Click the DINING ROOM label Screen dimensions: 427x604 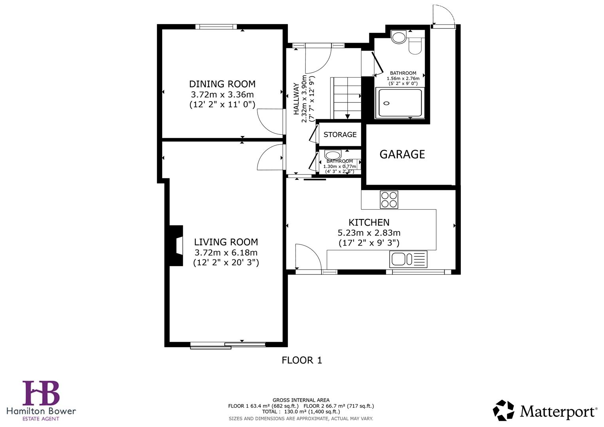(x=222, y=84)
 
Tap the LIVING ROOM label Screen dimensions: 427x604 (x=225, y=242)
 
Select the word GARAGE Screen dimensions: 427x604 (x=402, y=154)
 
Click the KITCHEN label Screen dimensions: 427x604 (x=369, y=223)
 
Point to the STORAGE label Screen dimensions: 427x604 (x=340, y=134)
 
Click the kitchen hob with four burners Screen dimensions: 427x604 (x=389, y=200)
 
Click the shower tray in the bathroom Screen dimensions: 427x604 (x=400, y=103)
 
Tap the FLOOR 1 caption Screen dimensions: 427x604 (x=302, y=360)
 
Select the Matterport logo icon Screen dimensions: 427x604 (x=504, y=410)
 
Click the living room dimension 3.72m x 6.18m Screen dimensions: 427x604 (x=225, y=253)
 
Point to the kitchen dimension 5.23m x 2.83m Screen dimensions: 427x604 (x=369, y=233)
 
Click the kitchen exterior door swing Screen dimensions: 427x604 (x=308, y=257)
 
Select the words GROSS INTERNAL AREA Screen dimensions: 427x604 (x=301, y=400)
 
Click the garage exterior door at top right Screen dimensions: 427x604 (x=443, y=16)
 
